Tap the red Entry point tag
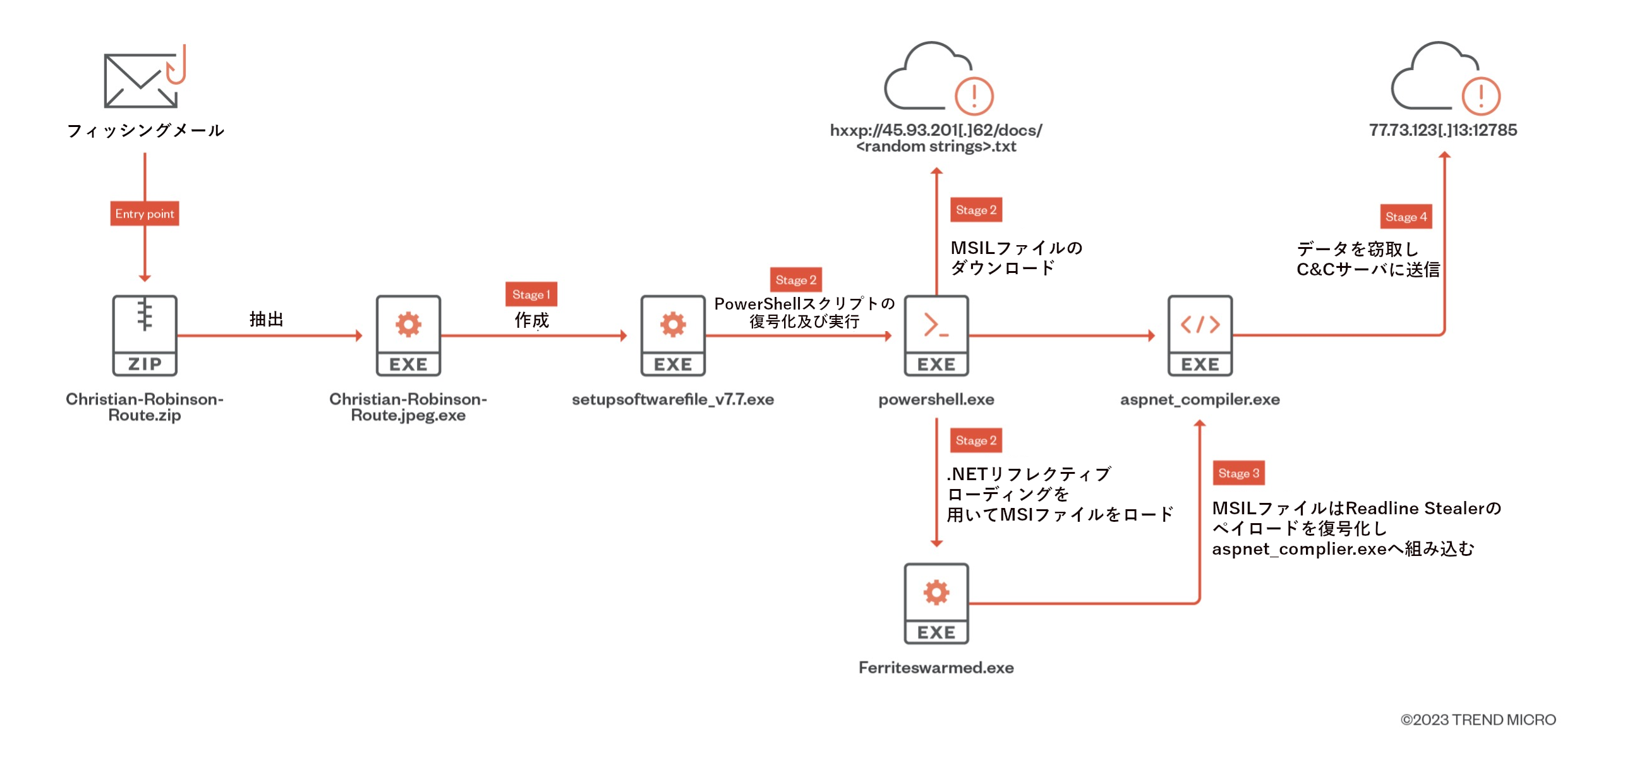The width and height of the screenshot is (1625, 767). click(x=145, y=214)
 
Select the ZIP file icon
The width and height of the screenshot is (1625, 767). click(x=145, y=335)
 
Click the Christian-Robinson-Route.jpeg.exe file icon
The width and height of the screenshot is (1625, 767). click(x=408, y=335)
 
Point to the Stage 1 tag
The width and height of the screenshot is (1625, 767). click(x=531, y=294)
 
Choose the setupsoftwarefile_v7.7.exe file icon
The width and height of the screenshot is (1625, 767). click(x=673, y=335)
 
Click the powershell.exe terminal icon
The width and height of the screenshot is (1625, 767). click(x=936, y=335)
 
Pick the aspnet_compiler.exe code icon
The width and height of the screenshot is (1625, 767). click(x=1200, y=335)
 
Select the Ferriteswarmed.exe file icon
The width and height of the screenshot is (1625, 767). click(x=936, y=604)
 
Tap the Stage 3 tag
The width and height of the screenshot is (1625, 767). click(x=1238, y=473)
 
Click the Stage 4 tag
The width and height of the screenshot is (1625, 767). click(x=1406, y=217)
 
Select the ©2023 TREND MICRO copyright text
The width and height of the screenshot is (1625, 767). click(x=1478, y=720)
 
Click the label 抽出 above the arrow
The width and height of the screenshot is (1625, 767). click(x=266, y=319)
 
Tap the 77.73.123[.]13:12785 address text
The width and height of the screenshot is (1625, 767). click(x=1443, y=130)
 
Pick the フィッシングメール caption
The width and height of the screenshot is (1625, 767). click(x=145, y=131)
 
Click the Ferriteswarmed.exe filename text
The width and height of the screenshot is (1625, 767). click(x=936, y=668)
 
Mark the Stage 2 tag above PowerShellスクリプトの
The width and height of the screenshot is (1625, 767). click(x=795, y=280)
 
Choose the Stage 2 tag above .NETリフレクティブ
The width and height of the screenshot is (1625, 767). click(x=976, y=440)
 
